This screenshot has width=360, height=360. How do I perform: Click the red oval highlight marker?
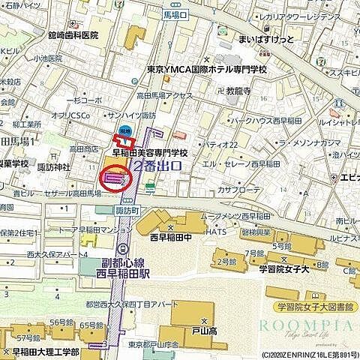115,179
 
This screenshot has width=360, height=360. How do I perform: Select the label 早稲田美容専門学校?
149,152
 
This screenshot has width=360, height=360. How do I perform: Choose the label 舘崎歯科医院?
73,34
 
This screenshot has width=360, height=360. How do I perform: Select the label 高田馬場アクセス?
164,96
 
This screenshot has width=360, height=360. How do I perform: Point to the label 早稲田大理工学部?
46,351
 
